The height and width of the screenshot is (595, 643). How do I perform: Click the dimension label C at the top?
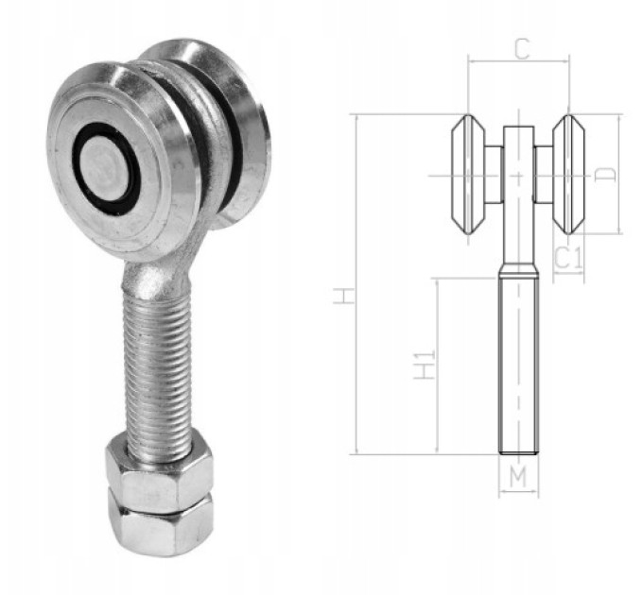522,49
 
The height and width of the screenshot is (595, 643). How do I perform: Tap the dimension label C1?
568,258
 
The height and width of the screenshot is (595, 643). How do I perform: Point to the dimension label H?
343,296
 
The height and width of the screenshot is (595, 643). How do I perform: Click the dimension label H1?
424,365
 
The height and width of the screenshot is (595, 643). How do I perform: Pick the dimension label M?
518,476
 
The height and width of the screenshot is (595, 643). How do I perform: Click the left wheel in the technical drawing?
468,175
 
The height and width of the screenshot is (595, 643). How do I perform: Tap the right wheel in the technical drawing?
569,175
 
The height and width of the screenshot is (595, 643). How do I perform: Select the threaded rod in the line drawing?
518,365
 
